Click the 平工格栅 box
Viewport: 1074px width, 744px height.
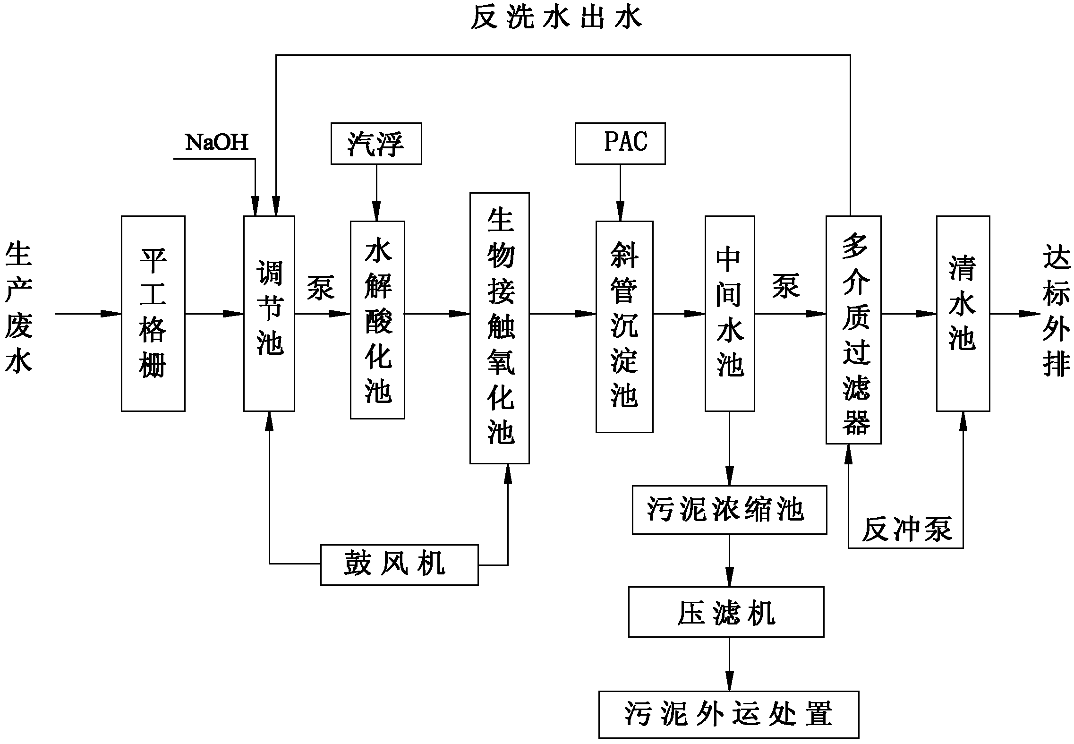pyautogui.click(x=153, y=314)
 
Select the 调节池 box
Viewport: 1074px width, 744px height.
pyautogui.click(x=269, y=314)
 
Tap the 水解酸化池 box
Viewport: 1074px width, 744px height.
pyautogui.click(x=377, y=320)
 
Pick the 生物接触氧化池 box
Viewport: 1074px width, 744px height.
pyautogui.click(x=499, y=328)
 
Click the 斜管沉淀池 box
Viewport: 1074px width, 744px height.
pyautogui.click(x=624, y=327)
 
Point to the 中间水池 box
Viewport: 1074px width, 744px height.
pyautogui.click(x=730, y=314)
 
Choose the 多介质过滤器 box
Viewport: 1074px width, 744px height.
pyautogui.click(x=853, y=330)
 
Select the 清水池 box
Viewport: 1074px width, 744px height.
pyautogui.click(x=963, y=314)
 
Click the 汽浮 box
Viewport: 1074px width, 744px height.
pyautogui.click(x=376, y=144)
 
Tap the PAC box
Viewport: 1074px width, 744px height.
pyautogui.click(x=620, y=144)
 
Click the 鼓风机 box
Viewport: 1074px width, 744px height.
pyautogui.click(x=399, y=564)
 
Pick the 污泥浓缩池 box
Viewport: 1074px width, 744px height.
pyautogui.click(x=729, y=510)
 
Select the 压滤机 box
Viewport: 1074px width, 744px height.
pyautogui.click(x=726, y=612)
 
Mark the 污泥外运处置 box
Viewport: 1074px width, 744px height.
pyautogui.click(x=728, y=714)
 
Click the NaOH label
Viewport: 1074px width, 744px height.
pyautogui.click(x=217, y=142)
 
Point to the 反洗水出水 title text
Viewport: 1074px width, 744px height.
pyautogui.click(x=556, y=18)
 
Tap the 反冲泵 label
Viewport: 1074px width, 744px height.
pyautogui.click(x=906, y=529)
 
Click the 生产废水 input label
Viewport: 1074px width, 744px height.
pyautogui.click(x=19, y=308)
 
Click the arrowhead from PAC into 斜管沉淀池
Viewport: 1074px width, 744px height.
pyautogui.click(x=620, y=212)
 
